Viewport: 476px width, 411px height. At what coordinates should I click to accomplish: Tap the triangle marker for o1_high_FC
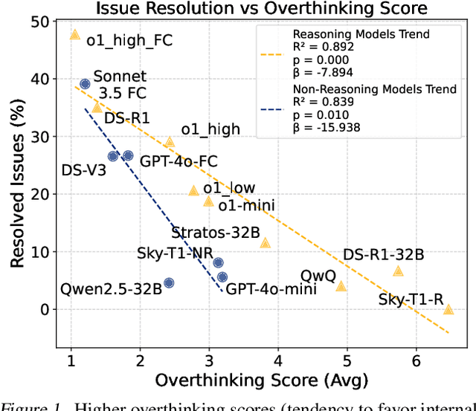click(74, 35)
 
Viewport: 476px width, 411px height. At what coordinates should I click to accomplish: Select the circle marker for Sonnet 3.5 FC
click(85, 84)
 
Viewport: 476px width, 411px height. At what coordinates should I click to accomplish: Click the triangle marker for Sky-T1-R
click(448, 309)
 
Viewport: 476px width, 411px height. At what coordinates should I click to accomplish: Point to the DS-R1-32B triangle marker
click(398, 271)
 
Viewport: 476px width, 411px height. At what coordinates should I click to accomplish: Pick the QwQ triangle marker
click(341, 286)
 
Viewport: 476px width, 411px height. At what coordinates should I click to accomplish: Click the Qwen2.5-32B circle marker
click(169, 282)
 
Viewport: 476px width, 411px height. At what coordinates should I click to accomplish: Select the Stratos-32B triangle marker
click(265, 243)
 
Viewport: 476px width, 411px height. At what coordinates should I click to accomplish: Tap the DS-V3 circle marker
click(113, 156)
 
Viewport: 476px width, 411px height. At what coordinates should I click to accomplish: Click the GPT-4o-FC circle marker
click(128, 155)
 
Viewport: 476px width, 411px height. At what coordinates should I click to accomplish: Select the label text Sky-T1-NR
click(175, 252)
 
